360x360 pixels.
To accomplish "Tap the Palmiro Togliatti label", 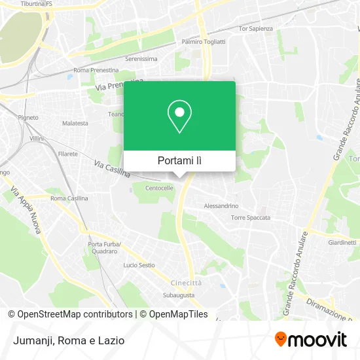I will point(203,41).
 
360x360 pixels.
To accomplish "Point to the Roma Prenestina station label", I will point(96,70).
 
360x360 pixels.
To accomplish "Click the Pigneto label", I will point(28,117).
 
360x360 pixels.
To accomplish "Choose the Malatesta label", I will point(75,122).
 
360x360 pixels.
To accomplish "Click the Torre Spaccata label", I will point(250,217).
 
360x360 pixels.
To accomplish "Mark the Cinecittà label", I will point(187,282).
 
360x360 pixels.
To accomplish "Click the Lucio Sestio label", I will point(139,265).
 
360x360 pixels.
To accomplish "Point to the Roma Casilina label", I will point(69,198).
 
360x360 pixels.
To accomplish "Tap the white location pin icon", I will point(179,117).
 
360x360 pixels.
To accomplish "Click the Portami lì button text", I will point(179,160).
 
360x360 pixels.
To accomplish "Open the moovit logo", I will point(310,340).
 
